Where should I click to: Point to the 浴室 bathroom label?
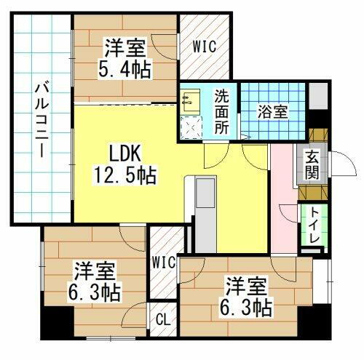click(x=271, y=113)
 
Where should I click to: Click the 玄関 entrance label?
click(x=312, y=164)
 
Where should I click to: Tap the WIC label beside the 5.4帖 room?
click(x=204, y=47)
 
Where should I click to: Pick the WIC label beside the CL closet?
click(x=164, y=262)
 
